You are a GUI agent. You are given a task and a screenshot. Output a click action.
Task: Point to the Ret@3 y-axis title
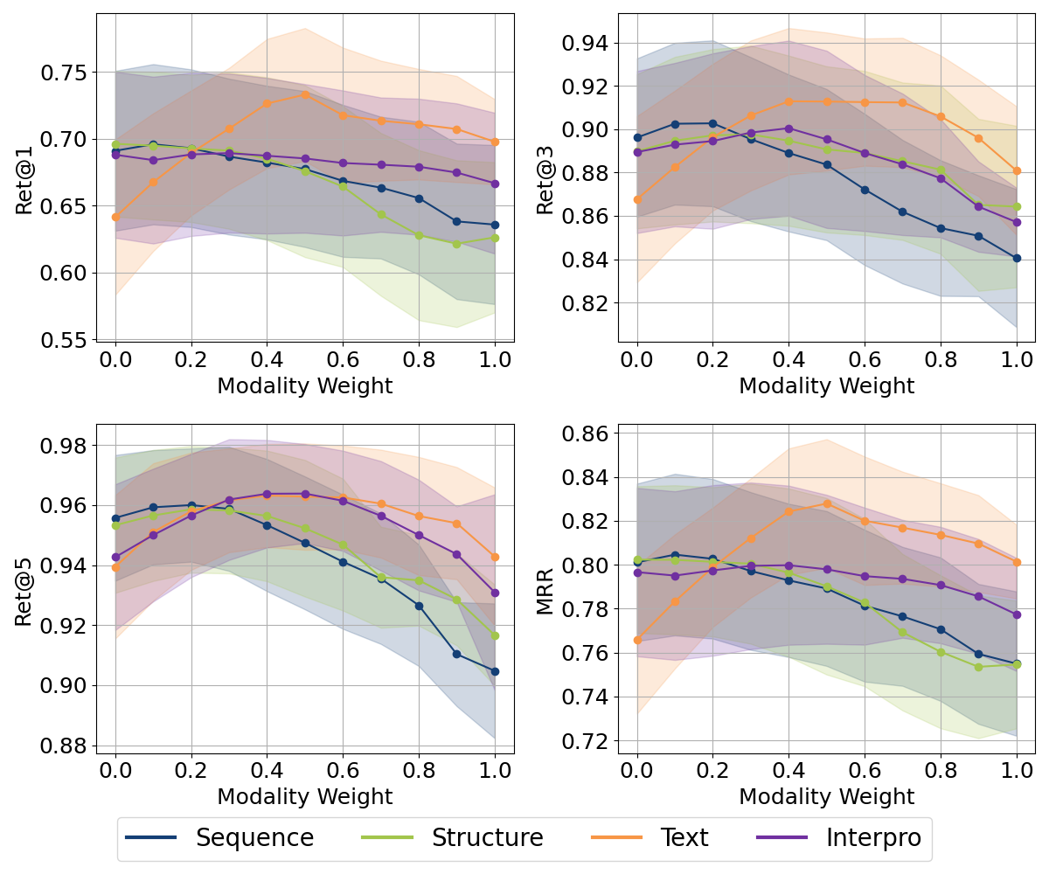pos(545,180)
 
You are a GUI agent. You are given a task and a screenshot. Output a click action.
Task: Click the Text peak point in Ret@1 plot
pos(305,94)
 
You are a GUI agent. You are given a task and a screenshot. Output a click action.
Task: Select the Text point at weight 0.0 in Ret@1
pos(115,217)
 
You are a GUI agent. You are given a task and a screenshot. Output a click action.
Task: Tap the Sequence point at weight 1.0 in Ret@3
pos(1017,258)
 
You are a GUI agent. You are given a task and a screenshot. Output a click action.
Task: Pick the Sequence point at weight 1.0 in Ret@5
pos(495,671)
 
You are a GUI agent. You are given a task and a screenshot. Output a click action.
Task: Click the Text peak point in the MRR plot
pos(827,503)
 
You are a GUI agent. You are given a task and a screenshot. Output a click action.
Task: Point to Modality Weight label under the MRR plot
pos(826,796)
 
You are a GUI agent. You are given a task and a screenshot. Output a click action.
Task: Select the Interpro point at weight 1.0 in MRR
pos(1017,614)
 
